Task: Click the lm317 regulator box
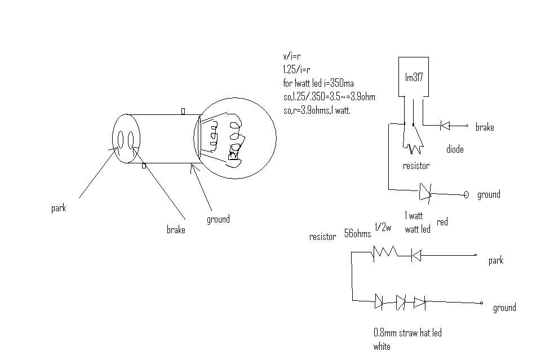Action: (x=414, y=78)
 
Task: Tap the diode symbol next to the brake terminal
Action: (x=445, y=126)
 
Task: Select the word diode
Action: (x=455, y=150)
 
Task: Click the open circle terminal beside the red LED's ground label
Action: (x=466, y=194)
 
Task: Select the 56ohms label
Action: (x=357, y=234)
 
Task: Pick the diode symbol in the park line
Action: (x=416, y=256)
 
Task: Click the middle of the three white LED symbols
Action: (x=401, y=303)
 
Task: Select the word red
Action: (x=442, y=222)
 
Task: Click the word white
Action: (x=382, y=346)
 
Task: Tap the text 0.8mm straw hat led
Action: (x=407, y=333)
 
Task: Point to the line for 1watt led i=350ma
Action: (x=318, y=83)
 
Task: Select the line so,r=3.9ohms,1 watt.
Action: (x=317, y=110)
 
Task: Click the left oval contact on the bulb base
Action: (x=120, y=139)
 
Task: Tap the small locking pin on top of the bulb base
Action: (x=183, y=112)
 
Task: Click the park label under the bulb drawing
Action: (x=59, y=208)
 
